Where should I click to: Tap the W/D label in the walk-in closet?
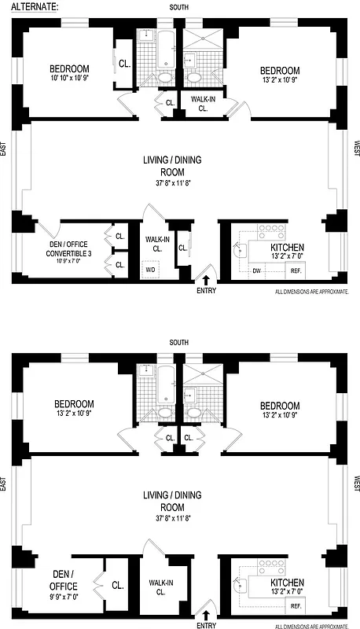[150, 270]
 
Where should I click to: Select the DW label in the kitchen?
[256, 270]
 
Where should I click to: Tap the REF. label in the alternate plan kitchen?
[296, 270]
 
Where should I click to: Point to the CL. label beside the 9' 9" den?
[117, 585]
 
